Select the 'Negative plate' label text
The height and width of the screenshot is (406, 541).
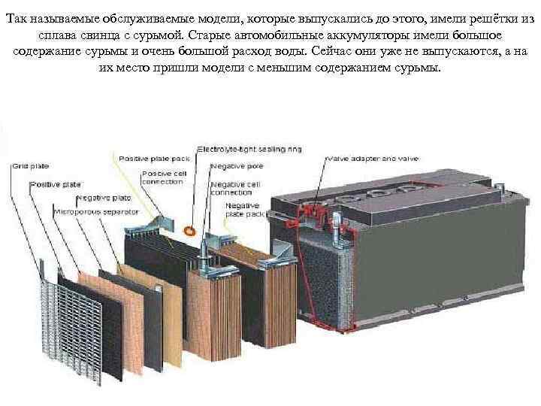(x=103, y=198)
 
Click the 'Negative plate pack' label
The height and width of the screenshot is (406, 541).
(x=243, y=208)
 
